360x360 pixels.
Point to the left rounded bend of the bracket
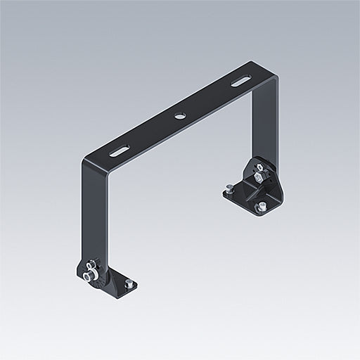[88, 165]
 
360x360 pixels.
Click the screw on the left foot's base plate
[128, 283]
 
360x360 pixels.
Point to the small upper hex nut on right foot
[258, 167]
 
